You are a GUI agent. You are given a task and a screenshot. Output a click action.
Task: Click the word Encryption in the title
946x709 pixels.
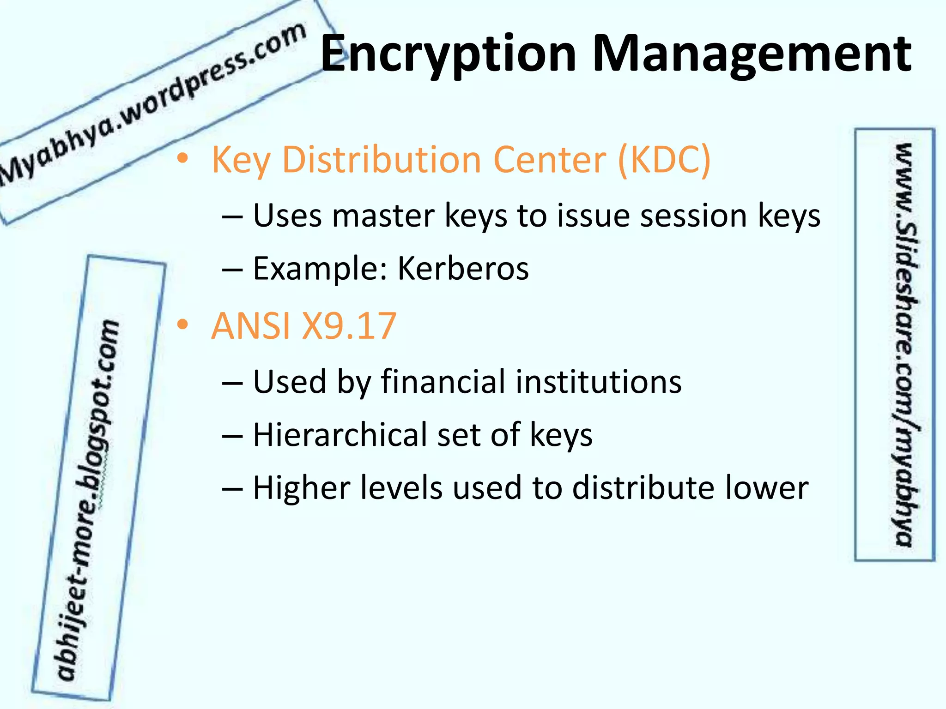click(448, 54)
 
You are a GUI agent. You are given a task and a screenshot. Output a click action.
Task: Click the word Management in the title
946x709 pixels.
click(752, 54)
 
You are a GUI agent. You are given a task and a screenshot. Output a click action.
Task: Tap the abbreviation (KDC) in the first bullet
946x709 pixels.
click(664, 160)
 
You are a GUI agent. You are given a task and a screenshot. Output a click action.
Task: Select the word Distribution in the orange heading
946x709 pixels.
click(382, 160)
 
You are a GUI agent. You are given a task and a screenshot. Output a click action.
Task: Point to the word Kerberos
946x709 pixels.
click(463, 269)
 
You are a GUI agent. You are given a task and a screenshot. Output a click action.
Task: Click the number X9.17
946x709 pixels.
click(349, 326)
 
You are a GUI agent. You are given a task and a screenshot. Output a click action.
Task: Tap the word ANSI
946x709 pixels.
click(251, 326)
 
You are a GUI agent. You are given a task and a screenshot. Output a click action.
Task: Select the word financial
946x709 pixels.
click(443, 382)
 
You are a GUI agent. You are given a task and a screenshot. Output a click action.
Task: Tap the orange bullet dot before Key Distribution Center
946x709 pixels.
click(183, 159)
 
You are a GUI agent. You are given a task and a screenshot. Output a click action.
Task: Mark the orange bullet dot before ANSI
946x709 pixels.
click(183, 325)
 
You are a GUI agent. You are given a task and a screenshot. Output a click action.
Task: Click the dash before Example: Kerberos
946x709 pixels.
click(232, 270)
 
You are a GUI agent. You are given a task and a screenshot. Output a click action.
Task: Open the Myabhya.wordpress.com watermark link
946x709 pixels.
click(152, 104)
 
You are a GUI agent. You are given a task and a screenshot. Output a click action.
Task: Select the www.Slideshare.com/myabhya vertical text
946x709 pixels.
click(904, 344)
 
